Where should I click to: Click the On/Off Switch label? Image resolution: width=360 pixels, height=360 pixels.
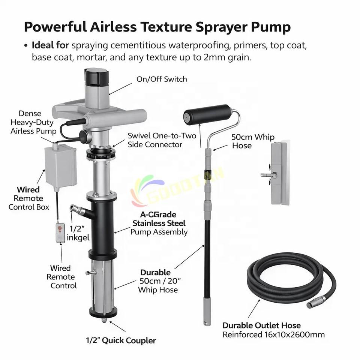[162, 79]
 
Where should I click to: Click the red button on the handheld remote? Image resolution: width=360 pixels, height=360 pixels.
[60, 228]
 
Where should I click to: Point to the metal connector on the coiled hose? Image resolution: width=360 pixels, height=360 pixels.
[316, 301]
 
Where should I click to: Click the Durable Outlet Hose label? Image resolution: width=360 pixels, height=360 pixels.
[261, 325]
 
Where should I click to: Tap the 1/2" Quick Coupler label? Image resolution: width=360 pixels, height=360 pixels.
[121, 340]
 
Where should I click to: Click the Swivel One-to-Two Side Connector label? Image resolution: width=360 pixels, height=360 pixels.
[162, 140]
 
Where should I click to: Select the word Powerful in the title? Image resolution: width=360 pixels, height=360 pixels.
[55, 27]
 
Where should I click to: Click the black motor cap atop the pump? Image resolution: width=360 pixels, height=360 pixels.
[96, 76]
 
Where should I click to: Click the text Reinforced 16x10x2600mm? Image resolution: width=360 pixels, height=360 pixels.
[274, 335]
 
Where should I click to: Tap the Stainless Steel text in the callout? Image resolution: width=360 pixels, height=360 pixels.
[159, 223]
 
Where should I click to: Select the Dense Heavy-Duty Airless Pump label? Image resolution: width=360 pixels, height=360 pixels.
[33, 122]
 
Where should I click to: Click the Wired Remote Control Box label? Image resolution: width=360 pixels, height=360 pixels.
[29, 198]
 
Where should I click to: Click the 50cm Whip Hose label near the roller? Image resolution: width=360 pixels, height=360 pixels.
[253, 141]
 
